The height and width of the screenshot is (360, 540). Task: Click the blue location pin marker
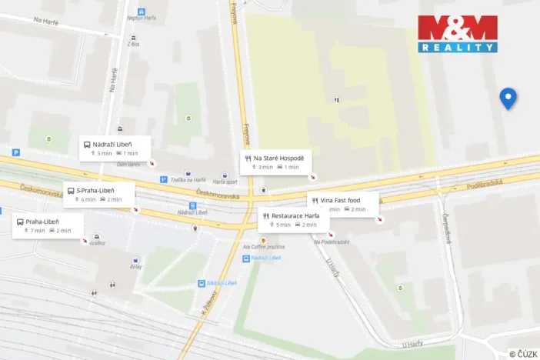[x=508, y=98]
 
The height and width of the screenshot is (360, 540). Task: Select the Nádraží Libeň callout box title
[x=112, y=144]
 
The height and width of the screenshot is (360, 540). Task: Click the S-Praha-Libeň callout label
[x=95, y=191]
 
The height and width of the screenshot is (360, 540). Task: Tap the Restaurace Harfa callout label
[x=295, y=215]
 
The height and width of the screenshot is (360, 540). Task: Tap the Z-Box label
[x=135, y=45]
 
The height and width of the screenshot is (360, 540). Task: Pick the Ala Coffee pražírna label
[x=263, y=246]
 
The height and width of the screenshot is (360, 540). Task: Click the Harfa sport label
[x=225, y=182]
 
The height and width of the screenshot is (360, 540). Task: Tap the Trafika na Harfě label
[x=188, y=180]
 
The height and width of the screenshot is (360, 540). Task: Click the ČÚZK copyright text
[x=523, y=353]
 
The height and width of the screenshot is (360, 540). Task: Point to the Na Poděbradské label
[x=332, y=242]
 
